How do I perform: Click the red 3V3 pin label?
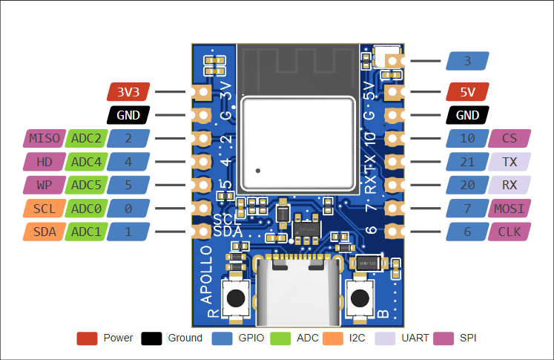pos(129,92)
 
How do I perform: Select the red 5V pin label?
pos(468,92)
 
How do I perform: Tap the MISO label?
pos(44,138)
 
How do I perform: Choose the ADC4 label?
pos(86,161)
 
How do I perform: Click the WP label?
pos(44,185)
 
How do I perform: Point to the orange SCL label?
pos(44,209)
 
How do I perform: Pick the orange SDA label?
pos(44,232)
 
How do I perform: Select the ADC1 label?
pos(86,232)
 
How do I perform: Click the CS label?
pos(510,138)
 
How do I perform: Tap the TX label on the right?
pos(510,161)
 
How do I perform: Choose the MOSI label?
pos(510,209)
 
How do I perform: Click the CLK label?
pos(510,232)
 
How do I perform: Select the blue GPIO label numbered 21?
pos(468,161)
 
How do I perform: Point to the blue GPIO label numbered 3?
pos(468,61)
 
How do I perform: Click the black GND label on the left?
pos(129,115)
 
